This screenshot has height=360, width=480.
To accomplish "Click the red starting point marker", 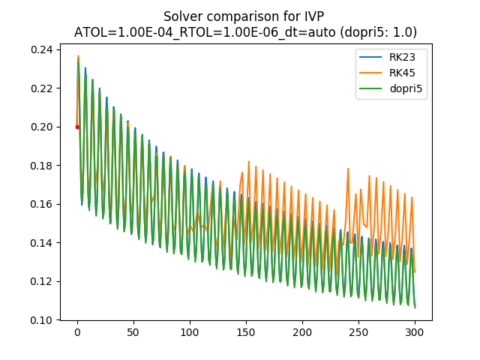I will [x=77, y=127].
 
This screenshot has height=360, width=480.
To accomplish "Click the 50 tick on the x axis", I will [x=133, y=332].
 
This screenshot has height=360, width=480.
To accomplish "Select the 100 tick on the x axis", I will [x=190, y=332].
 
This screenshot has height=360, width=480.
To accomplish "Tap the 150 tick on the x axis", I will [x=246, y=332].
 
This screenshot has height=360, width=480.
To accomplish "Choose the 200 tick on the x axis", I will [x=302, y=332].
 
